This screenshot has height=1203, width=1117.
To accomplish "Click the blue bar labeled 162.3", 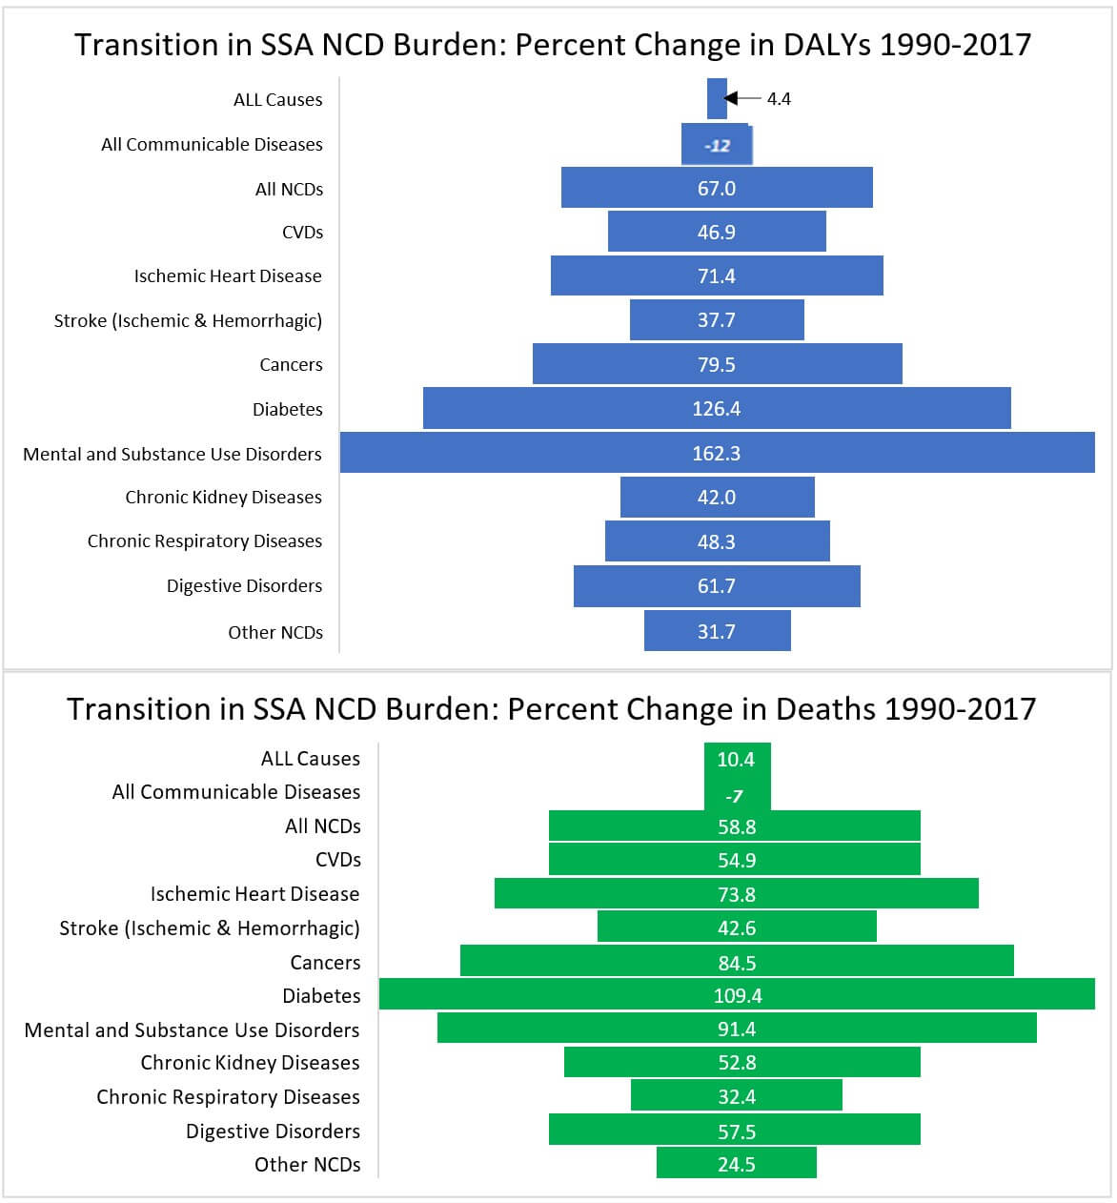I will point(717,453).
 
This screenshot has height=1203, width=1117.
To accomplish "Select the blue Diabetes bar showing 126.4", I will point(717,408).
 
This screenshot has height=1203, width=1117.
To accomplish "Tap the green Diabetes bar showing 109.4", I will point(737,994).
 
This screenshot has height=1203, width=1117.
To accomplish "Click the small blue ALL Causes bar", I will point(717,98).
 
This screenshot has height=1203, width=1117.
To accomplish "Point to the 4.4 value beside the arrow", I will point(779,98).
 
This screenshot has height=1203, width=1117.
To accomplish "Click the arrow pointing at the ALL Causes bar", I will point(743,98).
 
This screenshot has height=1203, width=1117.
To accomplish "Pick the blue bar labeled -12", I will point(717,145).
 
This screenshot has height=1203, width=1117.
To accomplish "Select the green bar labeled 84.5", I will point(737,961).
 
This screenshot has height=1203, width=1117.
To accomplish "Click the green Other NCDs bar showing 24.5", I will point(737,1163).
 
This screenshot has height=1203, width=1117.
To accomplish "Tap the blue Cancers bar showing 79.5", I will point(717,364).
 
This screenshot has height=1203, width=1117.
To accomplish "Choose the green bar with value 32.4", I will point(737,1095).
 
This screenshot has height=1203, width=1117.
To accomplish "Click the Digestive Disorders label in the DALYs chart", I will point(244,585).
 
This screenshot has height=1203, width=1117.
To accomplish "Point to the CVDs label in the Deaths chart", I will point(338,859).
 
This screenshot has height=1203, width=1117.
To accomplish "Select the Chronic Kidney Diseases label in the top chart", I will point(223,497).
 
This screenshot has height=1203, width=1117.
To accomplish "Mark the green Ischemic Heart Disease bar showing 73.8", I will point(737,893).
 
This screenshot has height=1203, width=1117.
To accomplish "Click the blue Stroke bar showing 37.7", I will point(717,320).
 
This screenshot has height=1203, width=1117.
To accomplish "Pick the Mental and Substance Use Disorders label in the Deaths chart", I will point(192,1030).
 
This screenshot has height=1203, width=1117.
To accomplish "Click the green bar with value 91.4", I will point(737,1028).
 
